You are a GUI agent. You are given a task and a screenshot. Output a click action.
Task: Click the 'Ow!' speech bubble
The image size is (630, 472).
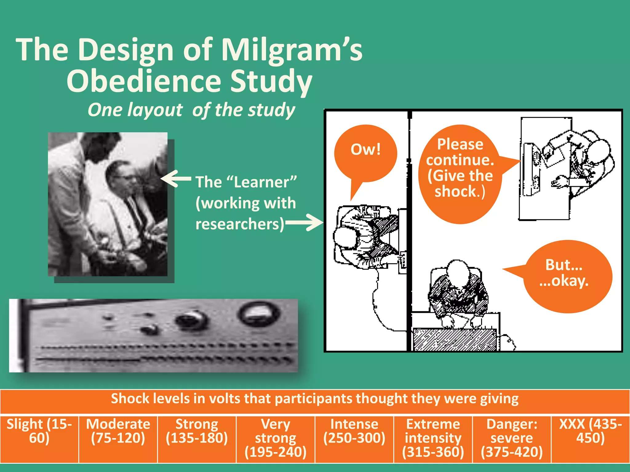(x=365, y=154)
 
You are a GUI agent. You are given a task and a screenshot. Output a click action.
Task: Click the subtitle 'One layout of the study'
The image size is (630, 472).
(x=191, y=110)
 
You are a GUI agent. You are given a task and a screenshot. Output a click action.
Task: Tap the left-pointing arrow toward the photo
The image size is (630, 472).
(x=175, y=178)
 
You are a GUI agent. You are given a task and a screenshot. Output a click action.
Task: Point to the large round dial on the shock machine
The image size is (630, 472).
(x=259, y=313)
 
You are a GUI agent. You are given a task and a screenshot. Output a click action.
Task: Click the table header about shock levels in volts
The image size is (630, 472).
(x=315, y=399)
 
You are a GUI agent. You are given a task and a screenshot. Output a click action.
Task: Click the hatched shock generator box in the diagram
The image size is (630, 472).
(x=455, y=340)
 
